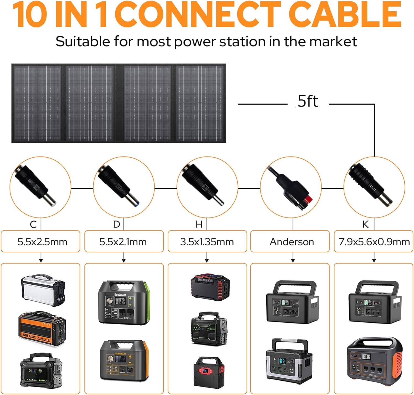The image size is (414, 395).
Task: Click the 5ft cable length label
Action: click(308, 101)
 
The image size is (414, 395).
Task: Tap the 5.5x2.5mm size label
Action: click(42, 242)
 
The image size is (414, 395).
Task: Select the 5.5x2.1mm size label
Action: click(123, 242)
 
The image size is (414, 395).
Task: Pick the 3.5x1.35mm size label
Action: click(207, 242)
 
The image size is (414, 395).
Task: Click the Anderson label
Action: click(292, 242)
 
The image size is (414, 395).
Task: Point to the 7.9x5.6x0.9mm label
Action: click(374, 242)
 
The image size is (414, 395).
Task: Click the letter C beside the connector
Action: click(33, 224)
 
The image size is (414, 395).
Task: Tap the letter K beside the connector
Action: click(365, 224)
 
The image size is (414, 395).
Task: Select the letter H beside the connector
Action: click(199, 224)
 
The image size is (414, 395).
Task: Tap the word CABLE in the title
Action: click(346, 14)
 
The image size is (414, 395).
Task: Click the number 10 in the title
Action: click(30, 14)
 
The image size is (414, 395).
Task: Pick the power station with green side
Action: click(124, 303)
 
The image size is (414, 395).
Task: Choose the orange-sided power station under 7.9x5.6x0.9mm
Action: click(374, 359)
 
